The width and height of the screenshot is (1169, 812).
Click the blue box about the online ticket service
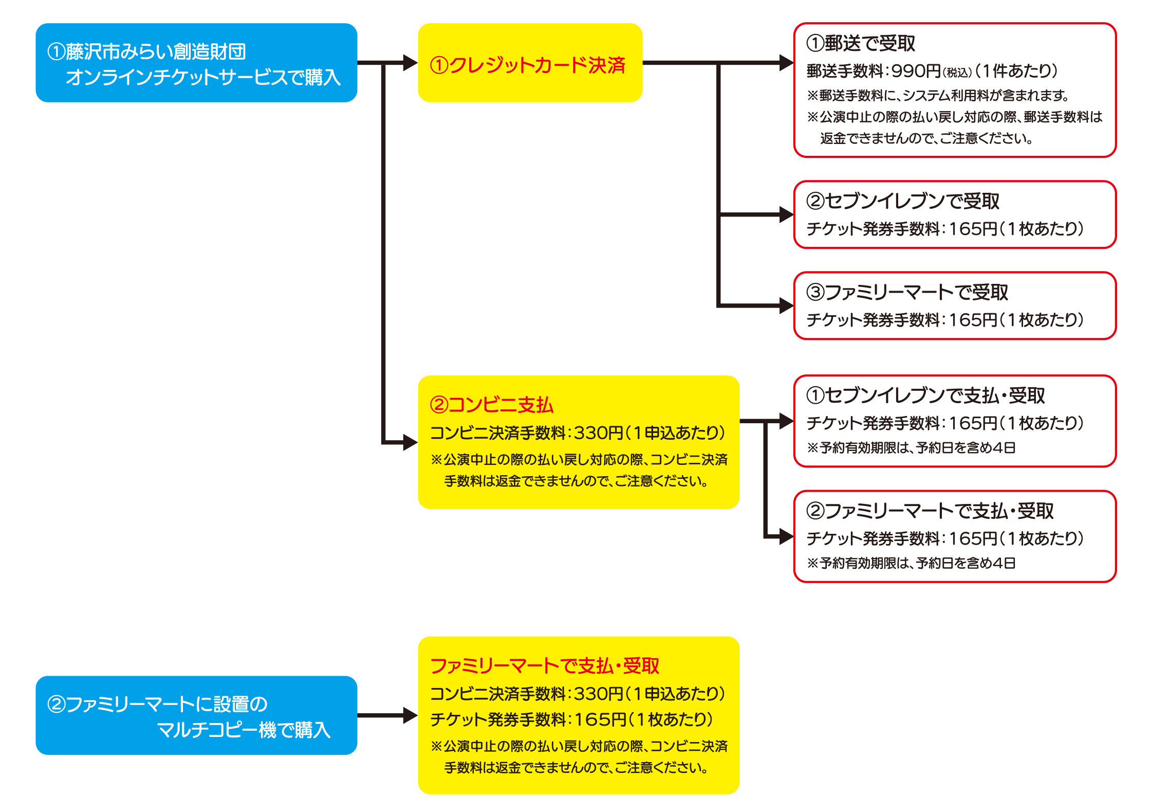tap(196, 63)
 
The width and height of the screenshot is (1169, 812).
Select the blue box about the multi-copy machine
tap(196, 715)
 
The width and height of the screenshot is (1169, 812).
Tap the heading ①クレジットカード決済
tap(527, 65)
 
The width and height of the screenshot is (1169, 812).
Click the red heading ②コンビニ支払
tap(491, 405)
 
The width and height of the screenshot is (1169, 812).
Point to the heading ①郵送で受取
tap(861, 43)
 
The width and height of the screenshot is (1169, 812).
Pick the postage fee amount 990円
tap(916, 71)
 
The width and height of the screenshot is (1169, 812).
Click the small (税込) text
tap(957, 73)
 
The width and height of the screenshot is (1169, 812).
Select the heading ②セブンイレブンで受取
tap(903, 201)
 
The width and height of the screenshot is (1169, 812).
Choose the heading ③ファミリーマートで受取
tap(907, 292)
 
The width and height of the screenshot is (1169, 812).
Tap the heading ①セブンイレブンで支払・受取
tap(925, 395)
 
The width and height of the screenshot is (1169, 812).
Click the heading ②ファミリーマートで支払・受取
tap(930, 511)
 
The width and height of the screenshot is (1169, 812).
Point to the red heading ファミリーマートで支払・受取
tap(544, 666)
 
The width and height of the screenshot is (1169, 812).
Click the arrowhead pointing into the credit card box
tap(411, 63)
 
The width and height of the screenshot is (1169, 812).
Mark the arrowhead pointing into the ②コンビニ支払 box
tap(411, 442)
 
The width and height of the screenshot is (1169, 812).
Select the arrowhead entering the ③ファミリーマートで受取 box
tap(786, 305)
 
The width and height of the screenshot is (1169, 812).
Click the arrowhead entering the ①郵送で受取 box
tap(786, 63)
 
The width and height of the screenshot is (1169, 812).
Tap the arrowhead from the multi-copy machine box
tap(411, 715)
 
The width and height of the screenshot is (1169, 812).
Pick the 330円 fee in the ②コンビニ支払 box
tap(598, 433)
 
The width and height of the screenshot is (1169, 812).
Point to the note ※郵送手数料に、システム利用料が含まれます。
tap(938, 96)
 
